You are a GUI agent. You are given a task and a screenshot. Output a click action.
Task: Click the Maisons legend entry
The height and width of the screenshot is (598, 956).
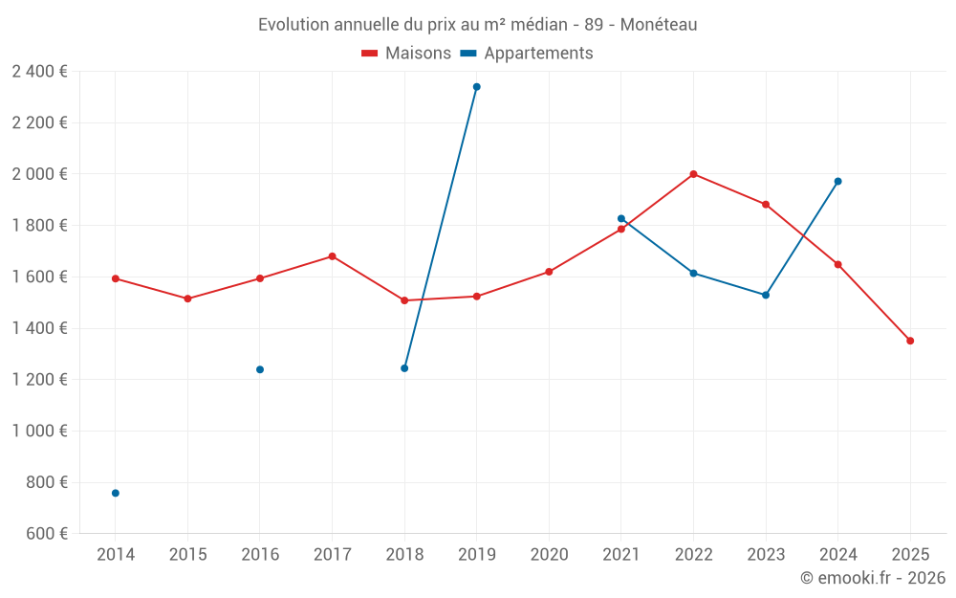[406, 54]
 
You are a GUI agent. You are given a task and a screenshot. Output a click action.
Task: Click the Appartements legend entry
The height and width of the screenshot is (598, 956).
[527, 54]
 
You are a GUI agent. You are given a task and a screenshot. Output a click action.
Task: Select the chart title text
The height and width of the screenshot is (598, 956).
[477, 24]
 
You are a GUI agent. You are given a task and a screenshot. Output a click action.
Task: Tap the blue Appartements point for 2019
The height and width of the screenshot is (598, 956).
[477, 87]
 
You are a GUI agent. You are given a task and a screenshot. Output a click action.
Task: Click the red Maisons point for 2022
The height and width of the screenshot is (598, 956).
[693, 174]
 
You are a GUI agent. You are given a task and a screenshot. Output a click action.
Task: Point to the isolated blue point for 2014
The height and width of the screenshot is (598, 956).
[116, 493]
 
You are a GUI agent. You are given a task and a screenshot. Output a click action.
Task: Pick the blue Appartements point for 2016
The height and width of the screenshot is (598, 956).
[260, 369]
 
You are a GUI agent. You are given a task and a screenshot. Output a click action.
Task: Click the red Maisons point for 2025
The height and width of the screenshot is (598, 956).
[910, 341]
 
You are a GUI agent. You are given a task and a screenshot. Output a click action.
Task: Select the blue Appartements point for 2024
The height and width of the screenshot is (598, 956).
[838, 181]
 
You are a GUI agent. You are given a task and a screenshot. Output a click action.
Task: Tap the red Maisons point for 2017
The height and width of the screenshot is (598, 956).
[333, 256]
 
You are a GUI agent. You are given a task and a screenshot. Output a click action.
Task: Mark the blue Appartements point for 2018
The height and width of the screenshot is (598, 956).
[404, 368]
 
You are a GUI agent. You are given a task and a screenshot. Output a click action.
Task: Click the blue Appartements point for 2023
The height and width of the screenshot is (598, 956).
[766, 295]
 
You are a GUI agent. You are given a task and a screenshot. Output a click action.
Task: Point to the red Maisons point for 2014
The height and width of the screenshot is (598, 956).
[116, 278]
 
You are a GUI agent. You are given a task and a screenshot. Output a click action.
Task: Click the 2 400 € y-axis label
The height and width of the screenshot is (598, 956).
[39, 71]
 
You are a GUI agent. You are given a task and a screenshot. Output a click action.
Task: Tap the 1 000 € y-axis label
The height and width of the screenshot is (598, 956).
[39, 431]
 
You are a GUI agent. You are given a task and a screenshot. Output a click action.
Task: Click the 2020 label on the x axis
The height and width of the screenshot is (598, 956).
[549, 555]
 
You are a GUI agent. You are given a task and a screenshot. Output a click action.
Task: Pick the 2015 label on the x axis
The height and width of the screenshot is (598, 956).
[187, 555]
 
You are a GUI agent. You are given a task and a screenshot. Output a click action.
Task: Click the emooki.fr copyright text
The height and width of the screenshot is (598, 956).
[872, 578]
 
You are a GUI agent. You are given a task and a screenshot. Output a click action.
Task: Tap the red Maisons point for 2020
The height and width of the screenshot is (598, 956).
[549, 272]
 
